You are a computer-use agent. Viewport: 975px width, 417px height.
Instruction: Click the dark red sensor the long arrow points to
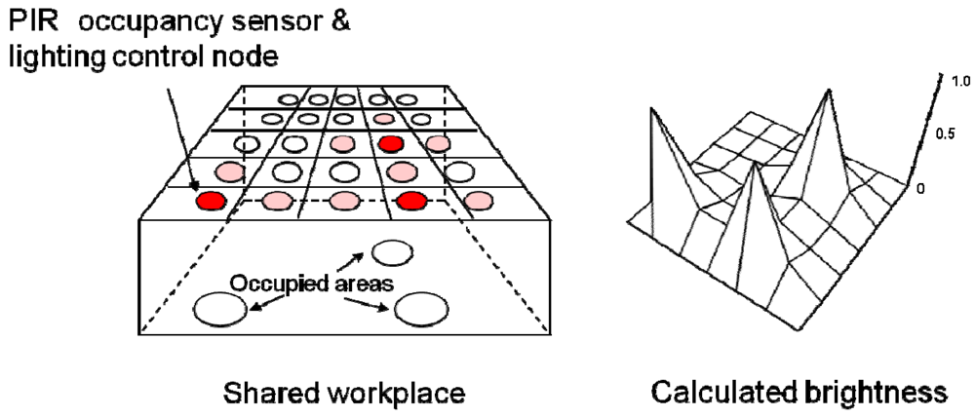click(210, 203)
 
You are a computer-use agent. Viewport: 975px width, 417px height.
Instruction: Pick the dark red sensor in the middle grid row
click(391, 144)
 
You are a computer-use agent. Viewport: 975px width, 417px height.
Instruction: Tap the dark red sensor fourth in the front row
click(411, 203)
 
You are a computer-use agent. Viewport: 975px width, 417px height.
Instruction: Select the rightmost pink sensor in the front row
click(478, 202)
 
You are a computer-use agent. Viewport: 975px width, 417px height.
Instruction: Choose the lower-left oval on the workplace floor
click(220, 309)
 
